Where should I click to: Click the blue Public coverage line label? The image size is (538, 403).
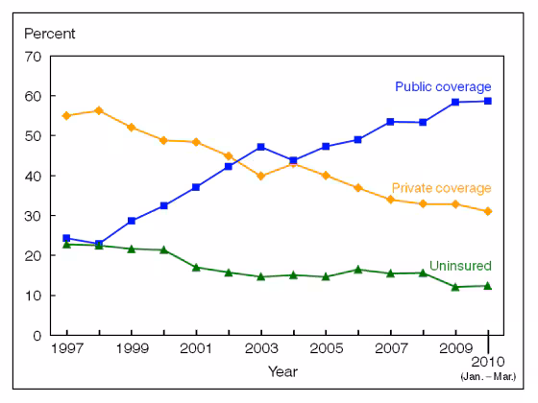[x=443, y=87]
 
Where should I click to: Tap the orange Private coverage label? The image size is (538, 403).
[x=442, y=188]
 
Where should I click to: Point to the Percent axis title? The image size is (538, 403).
[x=49, y=34]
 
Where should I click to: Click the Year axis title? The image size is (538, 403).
[x=282, y=371]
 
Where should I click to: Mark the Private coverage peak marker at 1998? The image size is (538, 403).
[x=99, y=110]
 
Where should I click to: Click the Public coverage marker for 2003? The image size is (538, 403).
[x=261, y=147]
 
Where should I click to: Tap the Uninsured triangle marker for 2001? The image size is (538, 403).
[x=196, y=267]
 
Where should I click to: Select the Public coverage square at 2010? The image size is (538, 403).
[x=488, y=101]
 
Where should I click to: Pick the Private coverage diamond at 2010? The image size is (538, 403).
[x=488, y=211]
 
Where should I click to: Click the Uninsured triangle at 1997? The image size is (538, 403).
[x=66, y=244]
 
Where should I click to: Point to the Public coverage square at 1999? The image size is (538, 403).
[x=132, y=221]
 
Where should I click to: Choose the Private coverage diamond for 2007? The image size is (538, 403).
[x=390, y=200]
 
